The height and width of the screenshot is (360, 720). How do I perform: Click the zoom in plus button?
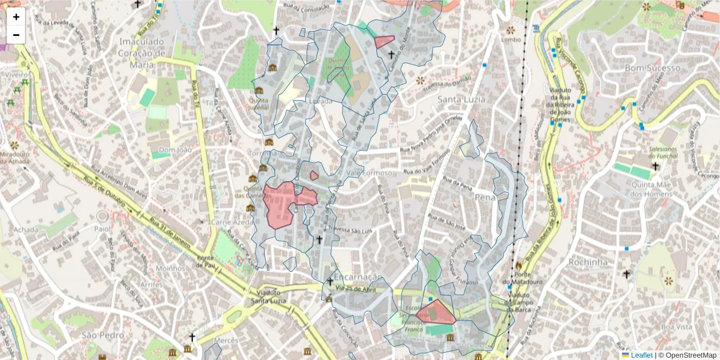[x=16, y=17]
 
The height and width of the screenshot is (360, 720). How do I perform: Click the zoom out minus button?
[x=16, y=35]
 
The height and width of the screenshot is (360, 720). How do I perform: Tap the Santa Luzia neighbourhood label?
[x=461, y=100]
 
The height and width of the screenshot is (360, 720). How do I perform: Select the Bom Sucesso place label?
[x=653, y=68]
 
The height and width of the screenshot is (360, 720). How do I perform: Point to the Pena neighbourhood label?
[x=485, y=197]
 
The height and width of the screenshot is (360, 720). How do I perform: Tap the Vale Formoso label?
[x=369, y=173]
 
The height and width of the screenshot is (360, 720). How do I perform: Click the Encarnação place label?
[x=358, y=277]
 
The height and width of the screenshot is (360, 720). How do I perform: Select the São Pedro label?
[x=98, y=334]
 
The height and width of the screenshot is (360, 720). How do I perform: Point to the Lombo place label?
[x=511, y=40]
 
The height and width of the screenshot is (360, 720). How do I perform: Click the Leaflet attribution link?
[x=641, y=355]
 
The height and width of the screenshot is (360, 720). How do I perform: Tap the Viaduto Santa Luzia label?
[x=267, y=296]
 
